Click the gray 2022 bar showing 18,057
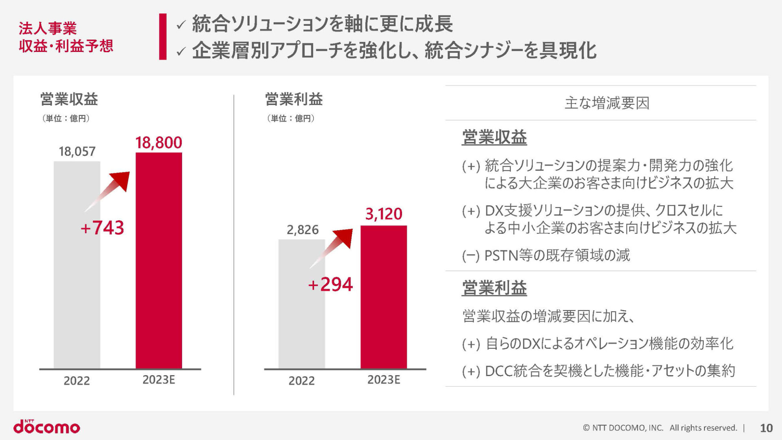click(77, 265)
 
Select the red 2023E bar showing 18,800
click(158, 261)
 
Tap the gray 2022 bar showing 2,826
click(301, 304)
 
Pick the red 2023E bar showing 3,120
click(383, 297)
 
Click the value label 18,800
click(158, 143)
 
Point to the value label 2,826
click(302, 230)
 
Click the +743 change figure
click(102, 228)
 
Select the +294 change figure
click(330, 284)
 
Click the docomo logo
click(47, 427)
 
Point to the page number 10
click(766, 428)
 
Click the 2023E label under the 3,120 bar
click(383, 380)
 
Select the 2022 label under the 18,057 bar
click(77, 381)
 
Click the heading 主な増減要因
click(606, 103)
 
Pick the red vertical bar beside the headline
click(163, 37)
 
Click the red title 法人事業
click(48, 28)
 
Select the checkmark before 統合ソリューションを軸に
click(181, 25)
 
